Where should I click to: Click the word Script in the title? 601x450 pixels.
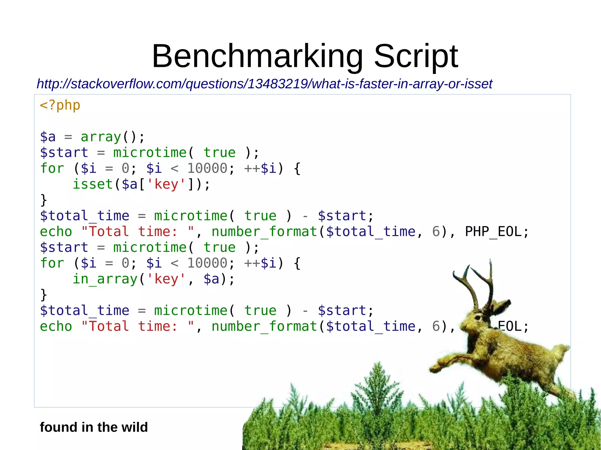tap(416, 56)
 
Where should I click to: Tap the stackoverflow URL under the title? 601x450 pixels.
tap(264, 84)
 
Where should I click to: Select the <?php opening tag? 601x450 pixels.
tap(60, 105)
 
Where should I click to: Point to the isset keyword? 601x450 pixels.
tap(93, 184)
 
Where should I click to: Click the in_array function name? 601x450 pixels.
tap(105, 279)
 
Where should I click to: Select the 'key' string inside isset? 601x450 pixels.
tap(166, 184)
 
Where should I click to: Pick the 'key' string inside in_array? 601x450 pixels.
tap(166, 279)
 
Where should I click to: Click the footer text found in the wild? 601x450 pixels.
tap(94, 427)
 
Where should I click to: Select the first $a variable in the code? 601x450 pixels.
tap(48, 137)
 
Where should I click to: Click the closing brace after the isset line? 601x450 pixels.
tap(43, 200)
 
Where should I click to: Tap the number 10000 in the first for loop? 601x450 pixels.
tap(207, 169)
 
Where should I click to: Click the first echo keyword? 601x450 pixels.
tap(56, 232)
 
